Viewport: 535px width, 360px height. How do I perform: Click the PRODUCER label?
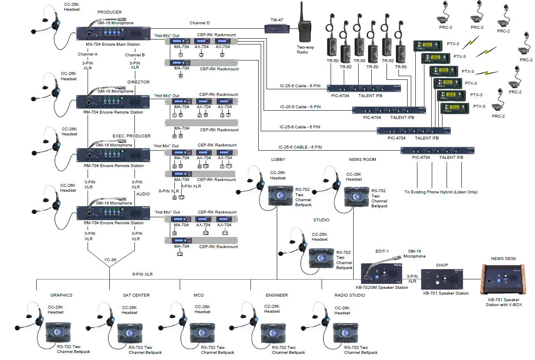pos(109,12)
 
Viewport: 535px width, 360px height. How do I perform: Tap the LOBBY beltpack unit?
pos(280,196)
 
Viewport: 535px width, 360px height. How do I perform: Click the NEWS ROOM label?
pos(362,160)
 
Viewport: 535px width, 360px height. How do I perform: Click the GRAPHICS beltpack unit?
pos(58,332)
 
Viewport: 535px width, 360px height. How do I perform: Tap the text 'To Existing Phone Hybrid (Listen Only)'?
pos(441,192)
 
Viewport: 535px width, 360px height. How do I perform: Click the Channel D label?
pos(199,23)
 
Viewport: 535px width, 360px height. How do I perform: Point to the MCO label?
pos(198,295)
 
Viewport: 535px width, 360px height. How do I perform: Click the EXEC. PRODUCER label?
pos(132,136)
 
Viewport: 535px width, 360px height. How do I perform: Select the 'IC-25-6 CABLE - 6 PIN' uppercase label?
pos(299,147)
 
